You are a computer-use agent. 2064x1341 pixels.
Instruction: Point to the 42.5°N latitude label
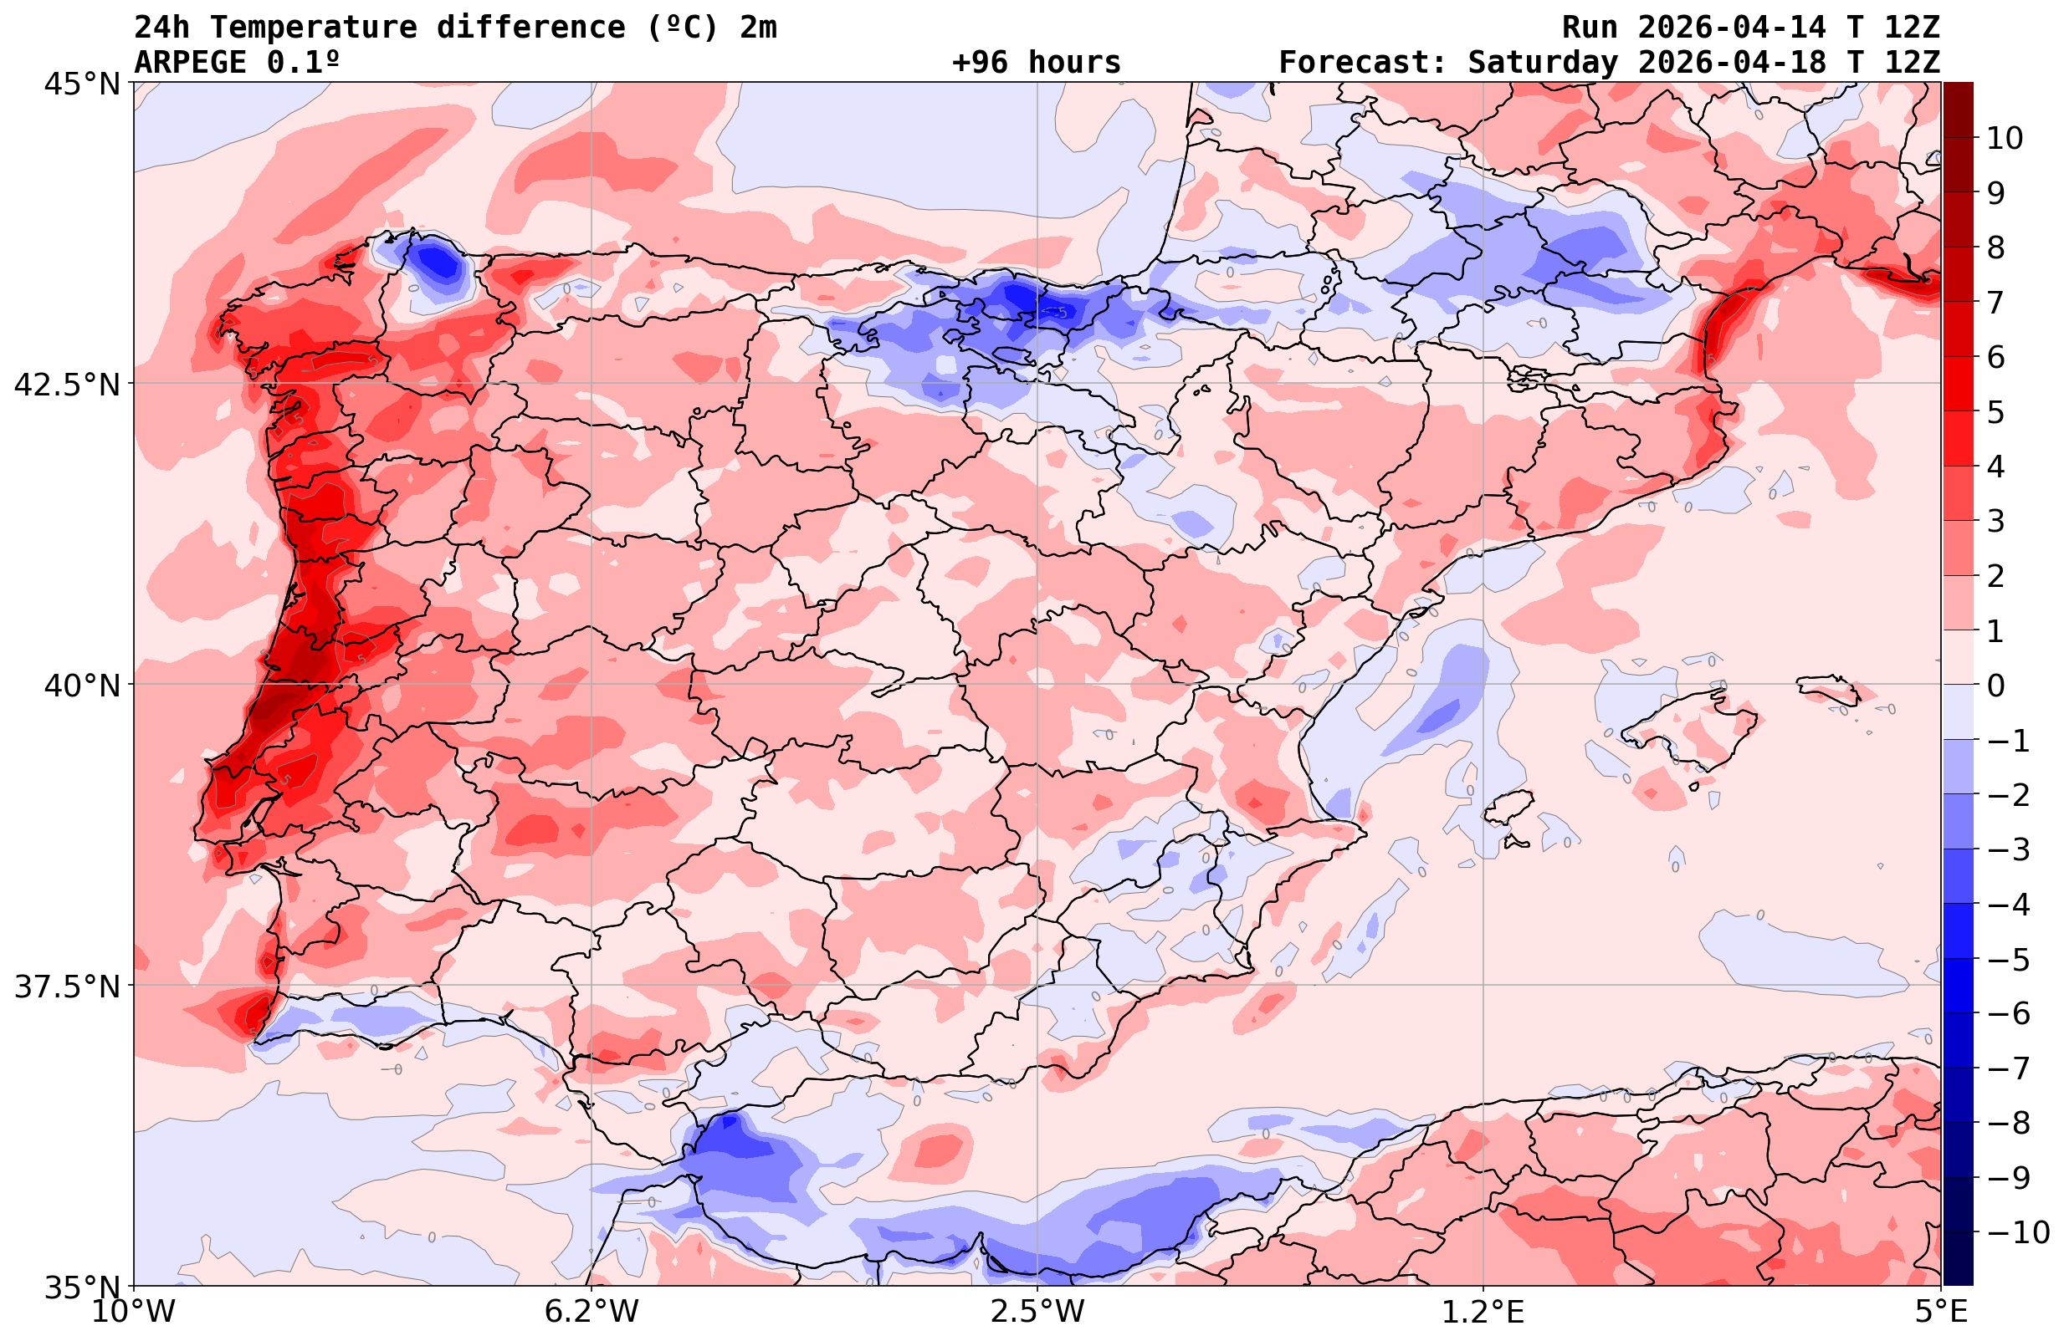(x=66, y=384)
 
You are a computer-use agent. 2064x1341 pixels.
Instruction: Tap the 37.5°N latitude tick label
(x=66, y=987)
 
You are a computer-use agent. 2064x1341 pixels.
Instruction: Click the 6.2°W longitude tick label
(x=591, y=1312)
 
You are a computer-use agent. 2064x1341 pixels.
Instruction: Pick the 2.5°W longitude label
(x=1037, y=1312)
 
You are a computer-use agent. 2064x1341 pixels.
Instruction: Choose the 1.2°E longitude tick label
(x=1483, y=1312)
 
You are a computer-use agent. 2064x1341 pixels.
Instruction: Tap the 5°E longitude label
(x=1941, y=1312)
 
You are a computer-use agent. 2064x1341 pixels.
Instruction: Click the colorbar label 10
(x=2004, y=138)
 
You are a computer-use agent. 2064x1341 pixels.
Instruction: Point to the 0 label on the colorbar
(x=1995, y=686)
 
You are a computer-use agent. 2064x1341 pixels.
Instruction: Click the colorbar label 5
(x=1995, y=413)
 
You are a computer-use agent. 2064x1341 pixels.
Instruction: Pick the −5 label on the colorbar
(x=2007, y=960)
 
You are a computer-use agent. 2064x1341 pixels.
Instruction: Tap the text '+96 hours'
(x=1037, y=63)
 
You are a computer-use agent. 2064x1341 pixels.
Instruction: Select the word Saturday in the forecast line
(x=1542, y=63)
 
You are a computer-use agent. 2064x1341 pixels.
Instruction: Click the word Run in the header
(x=1590, y=28)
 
